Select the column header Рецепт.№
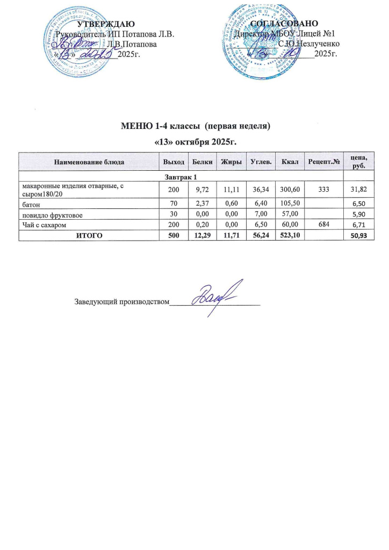[323, 162]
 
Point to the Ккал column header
[283, 162]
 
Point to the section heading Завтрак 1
[181, 177]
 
